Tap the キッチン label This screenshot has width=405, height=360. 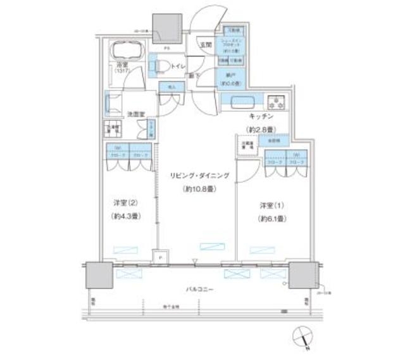[x=259, y=117]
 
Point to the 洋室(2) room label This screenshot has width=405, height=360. [x=123, y=203]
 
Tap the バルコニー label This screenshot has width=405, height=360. [x=199, y=289]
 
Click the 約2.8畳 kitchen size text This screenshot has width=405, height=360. [x=259, y=130]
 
